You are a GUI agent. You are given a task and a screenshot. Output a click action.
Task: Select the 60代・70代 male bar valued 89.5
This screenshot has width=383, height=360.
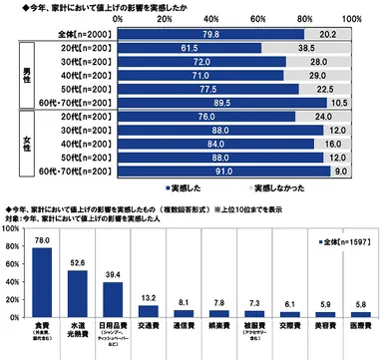[226, 101]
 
